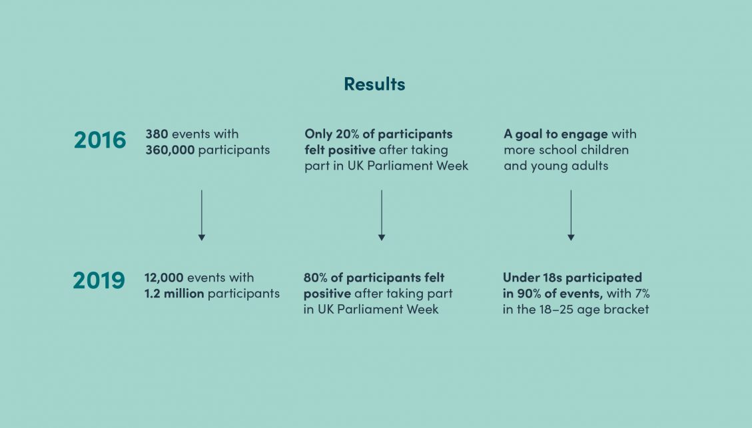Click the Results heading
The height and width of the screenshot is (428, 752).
point(374,84)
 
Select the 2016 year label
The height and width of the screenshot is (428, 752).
point(100,140)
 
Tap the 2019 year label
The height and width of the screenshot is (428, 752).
point(99,280)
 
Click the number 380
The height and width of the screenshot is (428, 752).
point(157,134)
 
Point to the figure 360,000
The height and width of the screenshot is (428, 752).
point(171,150)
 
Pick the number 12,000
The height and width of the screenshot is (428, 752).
point(164,278)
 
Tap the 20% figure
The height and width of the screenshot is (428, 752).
point(347,134)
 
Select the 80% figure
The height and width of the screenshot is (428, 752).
point(316,278)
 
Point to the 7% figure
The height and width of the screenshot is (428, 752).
point(641,294)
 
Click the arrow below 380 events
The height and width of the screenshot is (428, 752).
point(201,215)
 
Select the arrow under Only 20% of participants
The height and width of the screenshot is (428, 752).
point(381,215)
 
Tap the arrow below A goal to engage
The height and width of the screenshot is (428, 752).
point(571,215)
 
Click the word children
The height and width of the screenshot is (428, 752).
point(605,150)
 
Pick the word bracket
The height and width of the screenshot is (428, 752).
point(626,309)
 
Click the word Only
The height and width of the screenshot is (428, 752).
point(318,134)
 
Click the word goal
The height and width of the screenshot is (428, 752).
point(528,134)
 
